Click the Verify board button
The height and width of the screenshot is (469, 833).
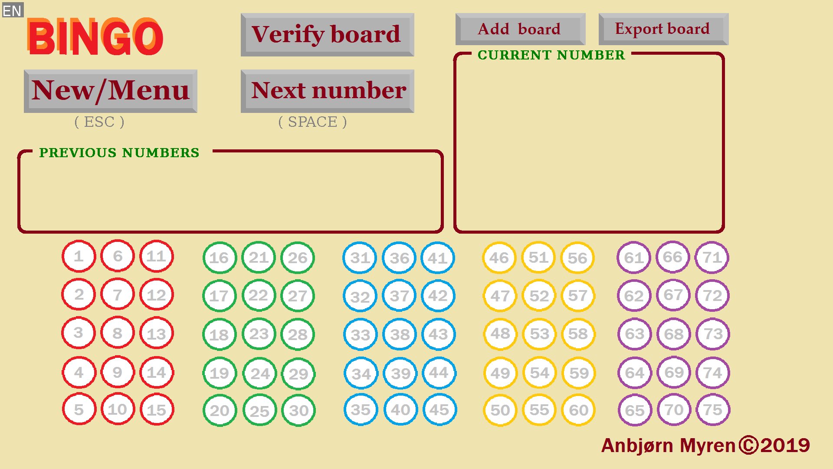(x=327, y=35)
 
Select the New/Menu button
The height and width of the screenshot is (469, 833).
(x=110, y=91)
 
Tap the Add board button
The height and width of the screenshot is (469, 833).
(x=520, y=29)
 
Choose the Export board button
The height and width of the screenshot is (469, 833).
(x=663, y=29)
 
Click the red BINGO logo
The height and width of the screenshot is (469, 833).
(x=95, y=37)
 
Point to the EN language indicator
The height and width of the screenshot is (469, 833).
(x=12, y=10)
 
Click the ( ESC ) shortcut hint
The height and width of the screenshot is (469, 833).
(x=99, y=122)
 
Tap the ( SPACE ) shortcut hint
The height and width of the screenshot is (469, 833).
(x=312, y=122)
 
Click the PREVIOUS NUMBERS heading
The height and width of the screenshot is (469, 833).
(x=119, y=152)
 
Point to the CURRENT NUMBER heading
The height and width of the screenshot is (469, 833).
(x=551, y=55)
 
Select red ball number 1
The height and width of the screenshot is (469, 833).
(x=79, y=256)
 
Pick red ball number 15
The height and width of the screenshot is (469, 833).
(x=157, y=410)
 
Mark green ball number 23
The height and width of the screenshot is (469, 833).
(x=259, y=334)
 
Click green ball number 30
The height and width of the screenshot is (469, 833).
(x=298, y=410)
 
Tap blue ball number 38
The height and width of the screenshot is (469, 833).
(x=400, y=334)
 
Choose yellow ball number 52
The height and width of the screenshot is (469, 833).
(x=539, y=296)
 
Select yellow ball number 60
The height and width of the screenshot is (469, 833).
(x=578, y=410)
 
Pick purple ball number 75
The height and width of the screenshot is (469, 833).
(x=713, y=410)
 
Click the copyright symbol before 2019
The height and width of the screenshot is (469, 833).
(x=748, y=445)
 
